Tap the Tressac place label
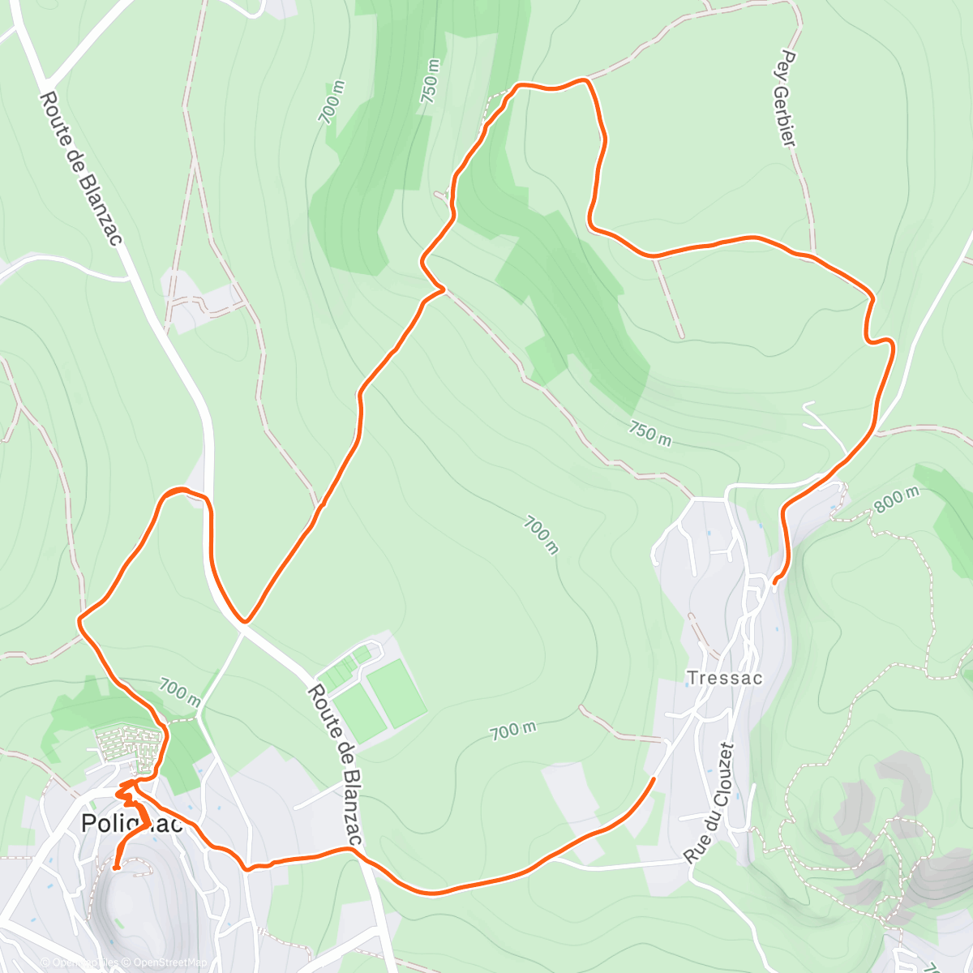point(724,678)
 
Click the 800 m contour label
point(897,500)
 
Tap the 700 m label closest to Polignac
point(179,691)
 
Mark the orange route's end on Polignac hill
point(115,868)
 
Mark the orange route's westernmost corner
point(79,621)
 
